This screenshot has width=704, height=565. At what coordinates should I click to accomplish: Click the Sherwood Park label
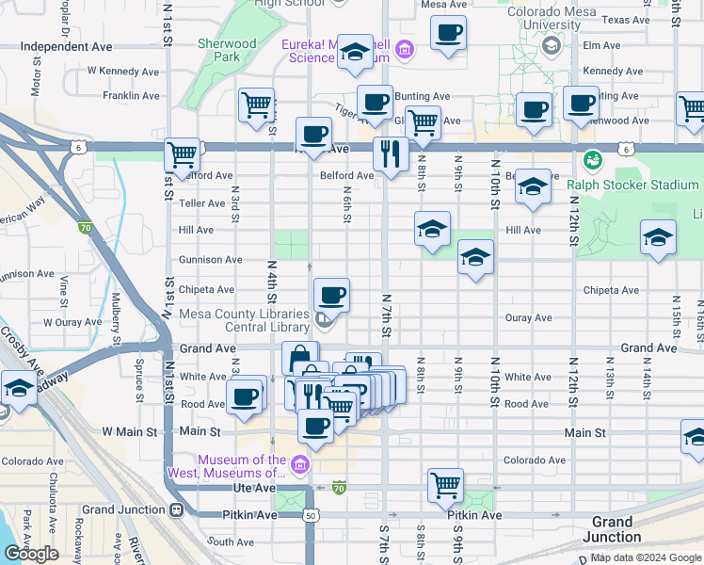pyautogui.click(x=227, y=50)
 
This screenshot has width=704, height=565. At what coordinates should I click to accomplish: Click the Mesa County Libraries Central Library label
pyautogui.click(x=244, y=321)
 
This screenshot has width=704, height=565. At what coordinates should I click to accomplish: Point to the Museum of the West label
pyautogui.click(x=226, y=466)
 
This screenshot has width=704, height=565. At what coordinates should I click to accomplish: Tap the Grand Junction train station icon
pyautogui.click(x=175, y=509)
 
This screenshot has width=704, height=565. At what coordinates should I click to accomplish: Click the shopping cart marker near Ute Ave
pyautogui.click(x=445, y=486)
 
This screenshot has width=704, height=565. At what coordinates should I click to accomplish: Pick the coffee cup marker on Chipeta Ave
pyautogui.click(x=331, y=296)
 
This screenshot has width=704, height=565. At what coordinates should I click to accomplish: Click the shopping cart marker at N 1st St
pyautogui.click(x=182, y=154)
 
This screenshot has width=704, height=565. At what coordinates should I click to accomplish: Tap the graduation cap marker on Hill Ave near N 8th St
pyautogui.click(x=432, y=228)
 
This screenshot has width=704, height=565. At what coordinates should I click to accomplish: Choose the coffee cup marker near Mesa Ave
pyautogui.click(x=448, y=31)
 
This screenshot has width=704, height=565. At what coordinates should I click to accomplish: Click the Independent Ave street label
pyautogui.click(x=65, y=46)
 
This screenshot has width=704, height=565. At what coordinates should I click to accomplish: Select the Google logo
pyautogui.click(x=31, y=554)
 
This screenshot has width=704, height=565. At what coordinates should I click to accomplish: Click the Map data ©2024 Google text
pyautogui.click(x=646, y=557)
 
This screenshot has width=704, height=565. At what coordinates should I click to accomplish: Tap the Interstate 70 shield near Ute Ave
pyautogui.click(x=339, y=488)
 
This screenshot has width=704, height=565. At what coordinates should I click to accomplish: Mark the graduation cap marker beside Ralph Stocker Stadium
pyautogui.click(x=532, y=186)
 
